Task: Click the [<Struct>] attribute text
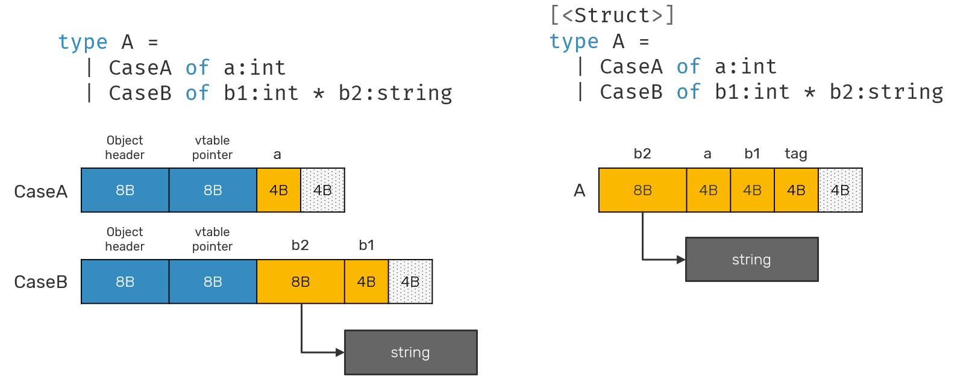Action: tap(612, 15)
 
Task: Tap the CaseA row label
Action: tap(40, 192)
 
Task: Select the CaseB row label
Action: tap(40, 282)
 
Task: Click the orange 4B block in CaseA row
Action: tap(278, 190)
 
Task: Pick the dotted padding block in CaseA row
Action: tap(322, 190)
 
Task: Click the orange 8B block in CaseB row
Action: tap(300, 282)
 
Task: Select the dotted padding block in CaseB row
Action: tap(410, 282)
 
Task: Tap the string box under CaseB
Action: tap(410, 352)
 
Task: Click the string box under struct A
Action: tap(751, 260)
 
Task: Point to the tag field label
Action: tap(795, 154)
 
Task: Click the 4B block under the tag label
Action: tap(796, 190)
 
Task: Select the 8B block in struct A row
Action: tap(642, 190)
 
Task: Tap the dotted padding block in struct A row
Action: tap(840, 190)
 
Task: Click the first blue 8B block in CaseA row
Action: tap(125, 190)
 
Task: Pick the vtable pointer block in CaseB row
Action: tap(213, 282)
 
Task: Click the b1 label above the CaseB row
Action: tap(366, 245)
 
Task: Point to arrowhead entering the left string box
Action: tap(340, 352)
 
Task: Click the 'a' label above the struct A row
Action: tap(707, 154)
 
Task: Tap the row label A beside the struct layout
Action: tap(579, 190)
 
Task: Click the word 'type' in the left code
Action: tap(83, 42)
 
